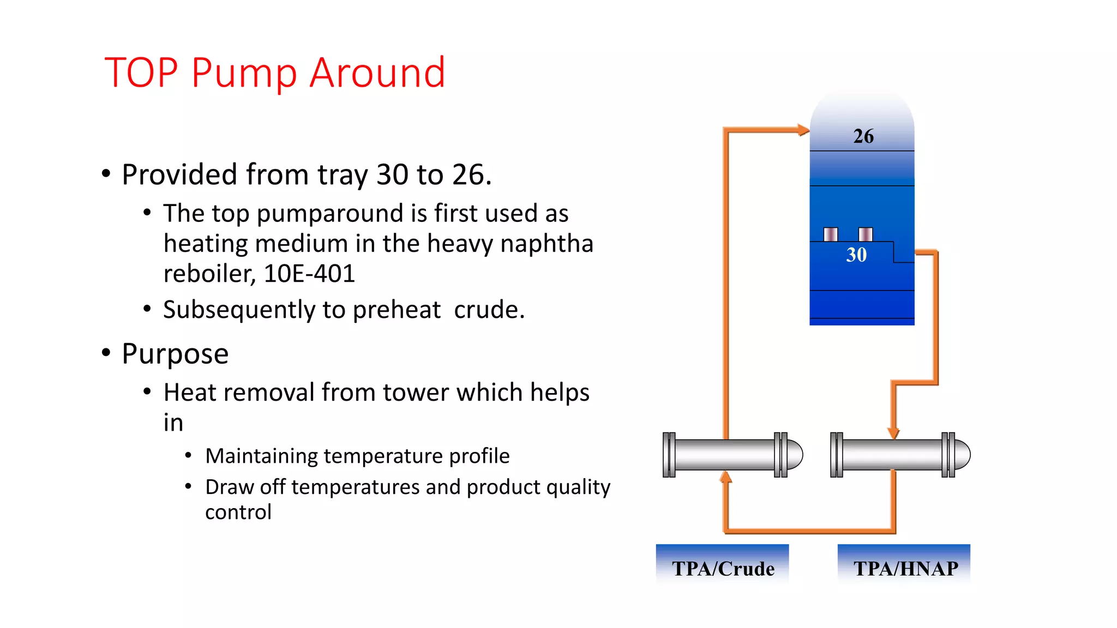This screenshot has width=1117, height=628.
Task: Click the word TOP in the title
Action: point(141,73)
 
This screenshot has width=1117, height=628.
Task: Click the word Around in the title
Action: point(377,73)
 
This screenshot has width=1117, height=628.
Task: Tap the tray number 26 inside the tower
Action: point(863,136)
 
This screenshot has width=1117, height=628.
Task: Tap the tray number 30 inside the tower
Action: point(856,255)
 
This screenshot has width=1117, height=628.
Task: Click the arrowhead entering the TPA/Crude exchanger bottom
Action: point(725,478)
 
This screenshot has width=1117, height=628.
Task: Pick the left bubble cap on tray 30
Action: point(831,234)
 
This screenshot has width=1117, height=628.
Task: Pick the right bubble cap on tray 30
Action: point(866,234)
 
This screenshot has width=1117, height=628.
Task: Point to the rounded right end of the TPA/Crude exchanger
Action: point(796,455)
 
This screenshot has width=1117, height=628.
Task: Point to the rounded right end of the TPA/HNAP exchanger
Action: point(964,455)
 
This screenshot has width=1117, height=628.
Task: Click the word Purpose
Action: point(175,354)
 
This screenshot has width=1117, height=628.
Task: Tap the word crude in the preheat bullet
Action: point(489,310)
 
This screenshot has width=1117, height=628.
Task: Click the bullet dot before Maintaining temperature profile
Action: point(188,455)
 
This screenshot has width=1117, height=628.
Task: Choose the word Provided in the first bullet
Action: point(179,175)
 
